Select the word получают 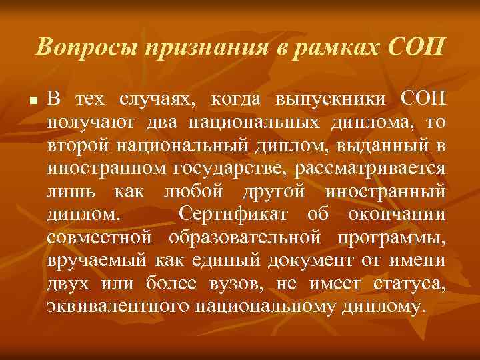[x=81, y=123]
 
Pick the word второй [x=74, y=146]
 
